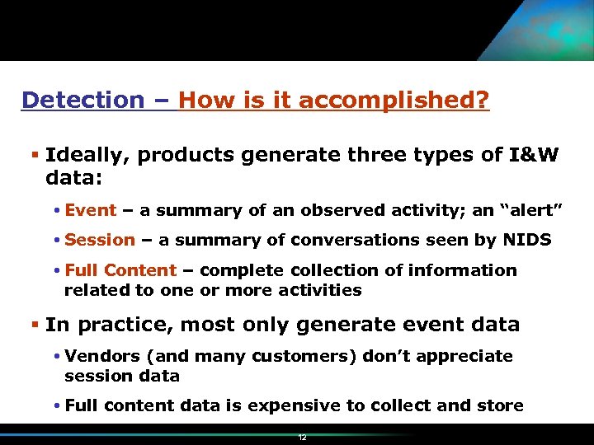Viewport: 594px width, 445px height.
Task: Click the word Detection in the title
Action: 82,101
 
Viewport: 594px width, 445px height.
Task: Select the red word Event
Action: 90,210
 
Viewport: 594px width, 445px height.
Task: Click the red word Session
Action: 99,240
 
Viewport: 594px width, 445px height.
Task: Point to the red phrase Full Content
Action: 120,270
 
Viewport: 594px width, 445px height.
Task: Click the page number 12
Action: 302,438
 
